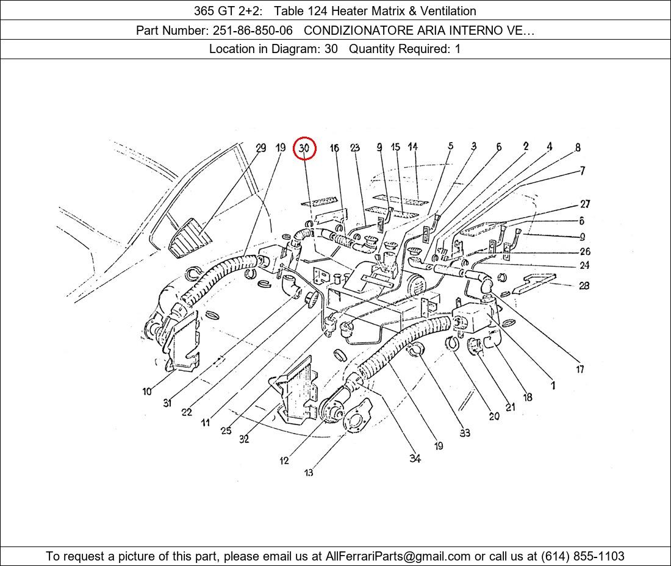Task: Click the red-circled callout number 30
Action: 304,148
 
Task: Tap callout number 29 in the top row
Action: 260,148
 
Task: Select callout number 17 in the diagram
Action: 580,369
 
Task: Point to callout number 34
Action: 415,458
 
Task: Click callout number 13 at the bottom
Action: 309,472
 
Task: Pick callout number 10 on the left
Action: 147,391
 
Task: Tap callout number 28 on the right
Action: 584,285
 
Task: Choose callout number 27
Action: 585,204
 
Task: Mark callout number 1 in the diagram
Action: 553,385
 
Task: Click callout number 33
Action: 465,432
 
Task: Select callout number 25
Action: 226,431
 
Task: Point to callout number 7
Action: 583,171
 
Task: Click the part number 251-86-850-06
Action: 253,30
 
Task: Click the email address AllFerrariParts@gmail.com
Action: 398,556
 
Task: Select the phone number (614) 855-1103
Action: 583,556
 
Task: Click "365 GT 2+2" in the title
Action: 227,11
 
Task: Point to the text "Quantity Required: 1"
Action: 405,49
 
